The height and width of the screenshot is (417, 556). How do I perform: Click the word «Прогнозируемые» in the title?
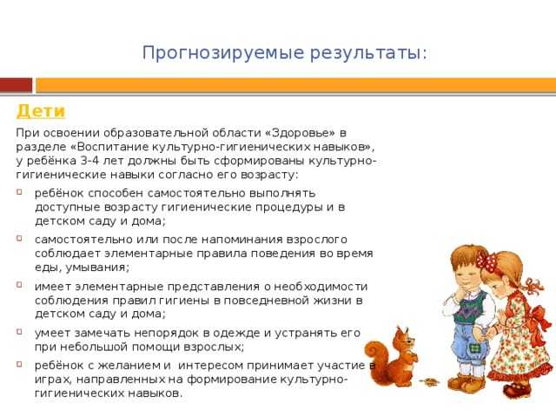[x=223, y=53]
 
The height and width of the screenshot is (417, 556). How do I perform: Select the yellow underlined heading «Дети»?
[x=41, y=110]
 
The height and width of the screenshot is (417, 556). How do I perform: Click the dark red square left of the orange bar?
[x=16, y=85]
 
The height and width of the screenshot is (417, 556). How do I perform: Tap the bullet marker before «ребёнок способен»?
[x=19, y=192]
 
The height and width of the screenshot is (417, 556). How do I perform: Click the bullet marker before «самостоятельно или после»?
[x=19, y=238]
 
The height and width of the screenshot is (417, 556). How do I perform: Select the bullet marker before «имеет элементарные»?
[x=19, y=284]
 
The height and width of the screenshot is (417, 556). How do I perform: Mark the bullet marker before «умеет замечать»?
[x=19, y=332]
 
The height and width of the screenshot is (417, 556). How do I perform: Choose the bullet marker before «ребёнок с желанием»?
[x=19, y=364]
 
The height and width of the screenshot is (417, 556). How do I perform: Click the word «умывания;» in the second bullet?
[x=97, y=268]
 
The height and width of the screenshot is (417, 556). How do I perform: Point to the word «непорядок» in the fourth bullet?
[x=164, y=333]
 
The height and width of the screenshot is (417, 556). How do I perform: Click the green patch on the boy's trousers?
[x=473, y=349]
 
